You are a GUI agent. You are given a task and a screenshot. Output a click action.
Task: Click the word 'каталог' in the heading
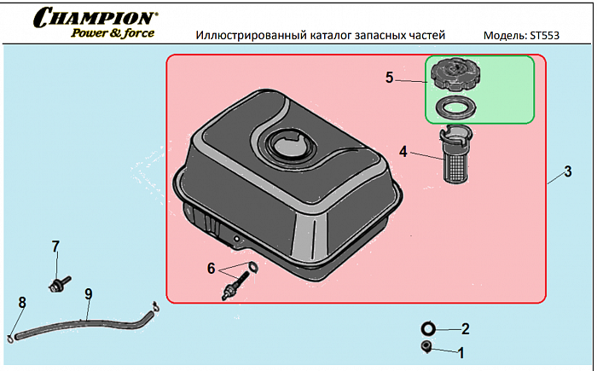tap(334, 37)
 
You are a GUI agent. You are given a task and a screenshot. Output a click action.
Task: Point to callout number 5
tap(389, 78)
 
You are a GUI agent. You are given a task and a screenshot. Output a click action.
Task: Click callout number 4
tap(403, 152)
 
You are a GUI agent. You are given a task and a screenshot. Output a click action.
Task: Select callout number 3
tap(567, 171)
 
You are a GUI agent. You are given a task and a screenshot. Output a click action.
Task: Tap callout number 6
tap(211, 267)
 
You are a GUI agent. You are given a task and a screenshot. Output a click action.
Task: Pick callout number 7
tap(55, 246)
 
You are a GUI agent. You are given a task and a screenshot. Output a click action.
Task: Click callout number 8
tap(22, 301)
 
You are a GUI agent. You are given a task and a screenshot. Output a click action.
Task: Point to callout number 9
tap(88, 294)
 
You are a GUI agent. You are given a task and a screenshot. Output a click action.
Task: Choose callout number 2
tap(465, 328)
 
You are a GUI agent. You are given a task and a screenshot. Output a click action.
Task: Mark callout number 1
tap(461, 351)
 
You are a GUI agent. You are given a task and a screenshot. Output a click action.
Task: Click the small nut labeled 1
tap(426, 346)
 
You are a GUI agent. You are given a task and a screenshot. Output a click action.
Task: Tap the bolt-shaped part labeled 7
tap(60, 282)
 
